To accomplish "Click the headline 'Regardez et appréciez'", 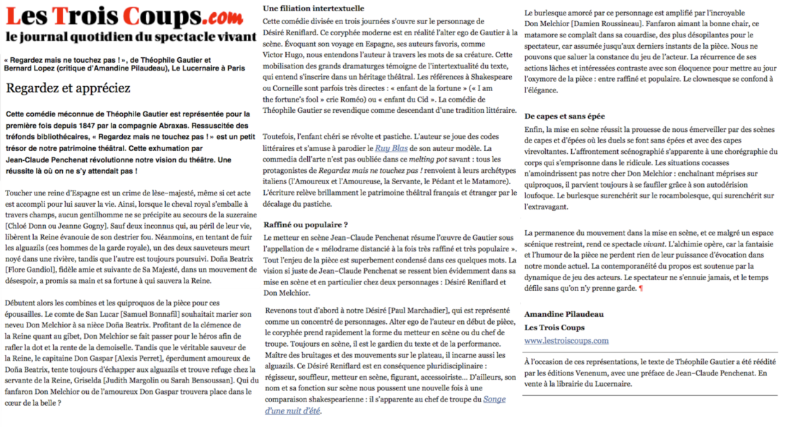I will tap(68, 89).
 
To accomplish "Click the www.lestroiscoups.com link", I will tap(566, 340).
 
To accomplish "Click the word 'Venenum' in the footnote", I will tap(588, 373).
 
